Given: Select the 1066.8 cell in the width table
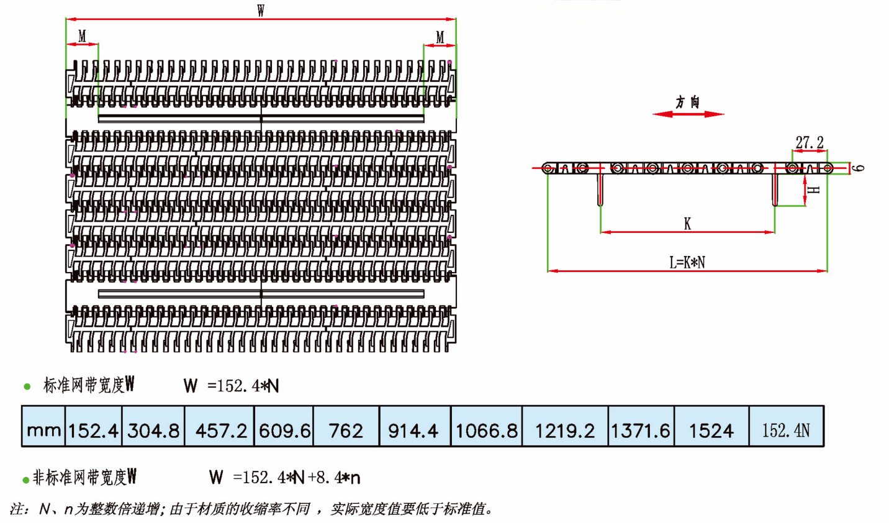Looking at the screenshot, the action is click(x=487, y=426).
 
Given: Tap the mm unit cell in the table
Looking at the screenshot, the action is click(x=43, y=426).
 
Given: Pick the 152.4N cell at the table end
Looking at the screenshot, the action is click(x=787, y=426).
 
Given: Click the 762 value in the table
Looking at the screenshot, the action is click(x=346, y=426).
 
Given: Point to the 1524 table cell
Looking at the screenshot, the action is click(x=712, y=426).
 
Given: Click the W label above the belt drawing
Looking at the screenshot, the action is click(x=261, y=11).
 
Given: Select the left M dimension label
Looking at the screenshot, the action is click(x=82, y=36).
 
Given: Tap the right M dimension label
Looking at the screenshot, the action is click(x=440, y=37).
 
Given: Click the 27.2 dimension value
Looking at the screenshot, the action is click(x=810, y=142).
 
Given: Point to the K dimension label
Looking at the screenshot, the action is click(x=687, y=224).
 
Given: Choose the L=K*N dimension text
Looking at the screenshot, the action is click(x=687, y=263).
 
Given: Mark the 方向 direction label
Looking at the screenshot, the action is click(x=688, y=102).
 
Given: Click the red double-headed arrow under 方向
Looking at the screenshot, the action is click(x=688, y=114).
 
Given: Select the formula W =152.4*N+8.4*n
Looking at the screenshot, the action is click(x=285, y=477).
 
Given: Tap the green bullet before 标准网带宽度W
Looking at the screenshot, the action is click(x=27, y=386).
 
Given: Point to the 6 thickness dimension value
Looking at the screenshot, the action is click(x=858, y=168).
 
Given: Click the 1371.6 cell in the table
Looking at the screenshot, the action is click(x=641, y=426).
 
